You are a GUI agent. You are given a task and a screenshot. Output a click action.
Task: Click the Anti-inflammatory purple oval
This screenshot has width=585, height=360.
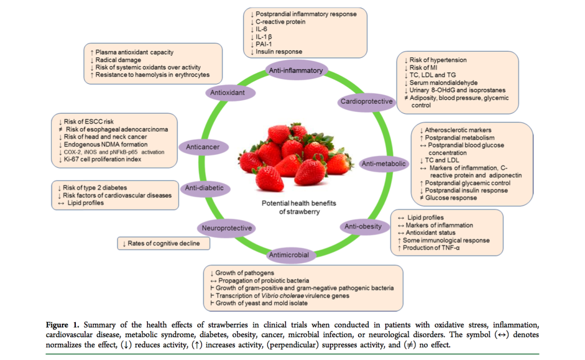point(296,70)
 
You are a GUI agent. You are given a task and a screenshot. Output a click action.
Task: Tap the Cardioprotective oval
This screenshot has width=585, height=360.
point(366,102)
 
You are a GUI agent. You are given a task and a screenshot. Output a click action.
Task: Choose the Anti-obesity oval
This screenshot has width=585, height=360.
point(363,226)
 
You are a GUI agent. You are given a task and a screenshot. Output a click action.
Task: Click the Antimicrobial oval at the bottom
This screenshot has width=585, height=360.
point(289,254)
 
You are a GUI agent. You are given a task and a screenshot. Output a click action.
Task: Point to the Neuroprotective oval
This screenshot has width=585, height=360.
point(226,228)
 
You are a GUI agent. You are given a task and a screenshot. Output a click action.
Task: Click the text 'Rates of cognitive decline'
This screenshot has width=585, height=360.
point(164,244)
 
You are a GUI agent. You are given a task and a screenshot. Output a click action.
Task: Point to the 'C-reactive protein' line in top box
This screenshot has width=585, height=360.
point(281,22)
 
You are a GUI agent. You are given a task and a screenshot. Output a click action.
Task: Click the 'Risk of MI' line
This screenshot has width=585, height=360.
point(427,67)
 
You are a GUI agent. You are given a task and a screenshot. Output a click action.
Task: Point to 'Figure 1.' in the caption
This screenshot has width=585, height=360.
point(62,325)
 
